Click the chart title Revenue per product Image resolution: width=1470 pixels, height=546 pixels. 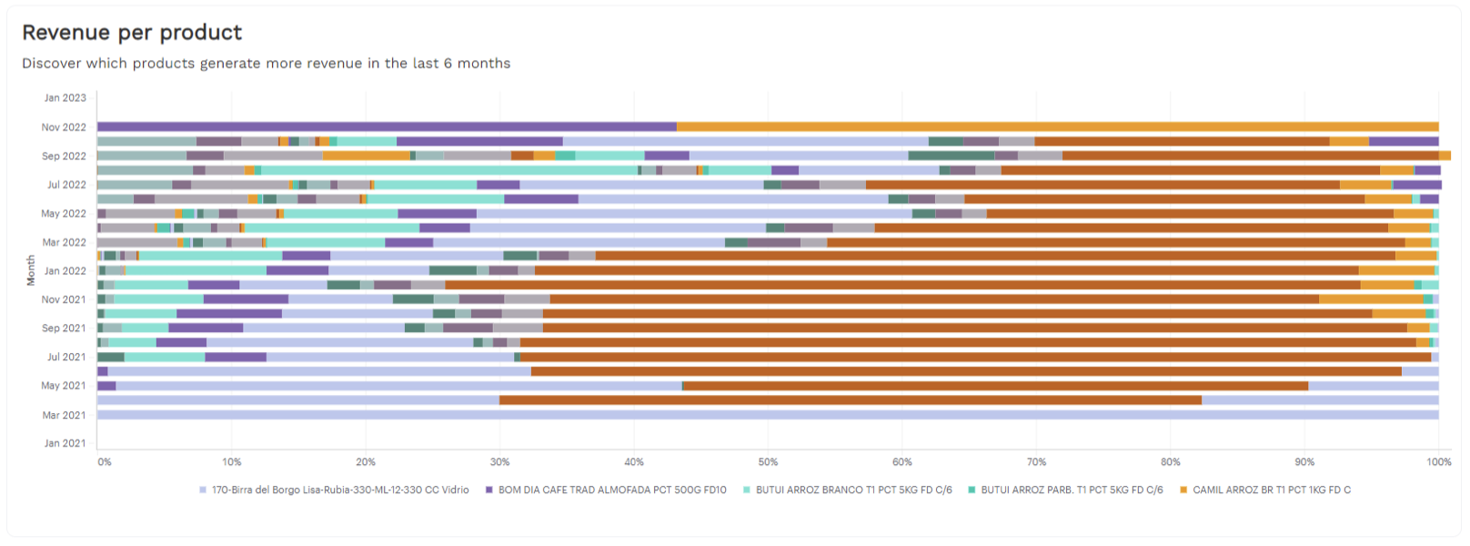(132, 32)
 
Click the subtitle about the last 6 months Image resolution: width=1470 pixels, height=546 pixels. (266, 63)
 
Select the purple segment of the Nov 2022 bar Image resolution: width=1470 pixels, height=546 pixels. (388, 126)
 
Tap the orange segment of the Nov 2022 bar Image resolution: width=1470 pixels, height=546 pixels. (1058, 126)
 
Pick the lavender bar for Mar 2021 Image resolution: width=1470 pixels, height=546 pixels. (768, 415)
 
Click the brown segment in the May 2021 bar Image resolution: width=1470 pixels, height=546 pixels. (995, 386)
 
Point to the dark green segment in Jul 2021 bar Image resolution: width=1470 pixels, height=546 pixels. (111, 357)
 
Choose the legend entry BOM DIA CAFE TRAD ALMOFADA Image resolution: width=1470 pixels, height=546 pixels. (606, 490)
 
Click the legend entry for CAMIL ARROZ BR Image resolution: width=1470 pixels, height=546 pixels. (1265, 490)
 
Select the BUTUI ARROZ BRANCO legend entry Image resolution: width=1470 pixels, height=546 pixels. (847, 490)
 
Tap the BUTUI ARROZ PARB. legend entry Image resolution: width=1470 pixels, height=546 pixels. (1065, 490)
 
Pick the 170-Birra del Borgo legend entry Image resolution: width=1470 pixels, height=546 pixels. (334, 490)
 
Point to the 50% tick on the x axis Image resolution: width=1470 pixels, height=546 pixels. (768, 462)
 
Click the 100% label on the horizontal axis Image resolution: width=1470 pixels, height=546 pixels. (1438, 462)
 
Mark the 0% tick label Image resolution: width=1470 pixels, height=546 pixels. (105, 462)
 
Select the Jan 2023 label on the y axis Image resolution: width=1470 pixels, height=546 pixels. (65, 97)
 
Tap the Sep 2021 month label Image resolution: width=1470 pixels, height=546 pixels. (64, 329)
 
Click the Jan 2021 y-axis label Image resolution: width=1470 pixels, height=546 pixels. (65, 444)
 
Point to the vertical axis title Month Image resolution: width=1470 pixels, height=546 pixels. (31, 270)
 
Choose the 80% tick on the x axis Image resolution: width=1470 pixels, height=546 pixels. (1170, 462)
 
